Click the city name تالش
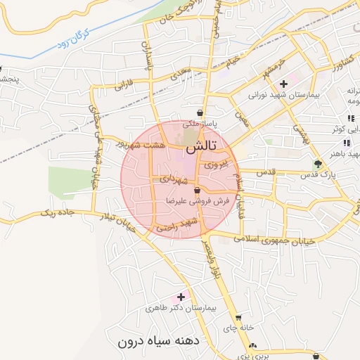point(202,149)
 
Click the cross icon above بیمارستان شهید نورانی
point(283,84)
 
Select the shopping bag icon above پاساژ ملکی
point(201,112)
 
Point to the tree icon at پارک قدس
point(317,165)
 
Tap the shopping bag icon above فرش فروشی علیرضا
point(197,191)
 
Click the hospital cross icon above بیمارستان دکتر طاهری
point(181,297)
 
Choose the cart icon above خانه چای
point(238,318)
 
